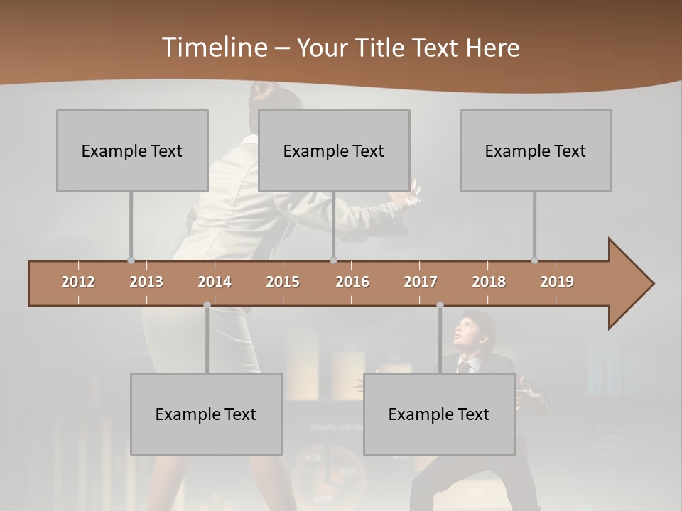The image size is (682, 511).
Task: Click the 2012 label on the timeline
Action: point(78,282)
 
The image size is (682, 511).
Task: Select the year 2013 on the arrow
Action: point(146,282)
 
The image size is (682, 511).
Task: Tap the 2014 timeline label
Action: point(215,282)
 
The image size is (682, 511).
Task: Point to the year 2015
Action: point(283,282)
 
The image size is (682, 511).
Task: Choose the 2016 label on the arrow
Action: point(352,282)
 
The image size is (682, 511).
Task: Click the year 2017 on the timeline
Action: point(421,282)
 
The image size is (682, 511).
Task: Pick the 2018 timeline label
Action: point(489,282)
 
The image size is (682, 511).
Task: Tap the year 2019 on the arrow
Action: point(557,282)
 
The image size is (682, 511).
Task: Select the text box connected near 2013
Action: point(132,150)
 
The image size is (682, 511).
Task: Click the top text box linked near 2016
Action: point(334,150)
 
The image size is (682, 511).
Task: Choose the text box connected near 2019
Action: point(536,150)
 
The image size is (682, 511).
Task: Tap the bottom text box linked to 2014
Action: point(206,414)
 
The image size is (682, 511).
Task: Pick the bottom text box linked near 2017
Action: point(439,414)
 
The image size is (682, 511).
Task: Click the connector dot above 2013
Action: point(131,260)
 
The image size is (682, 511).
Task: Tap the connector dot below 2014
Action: point(207,305)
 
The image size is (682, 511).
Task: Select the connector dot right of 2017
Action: point(440,305)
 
